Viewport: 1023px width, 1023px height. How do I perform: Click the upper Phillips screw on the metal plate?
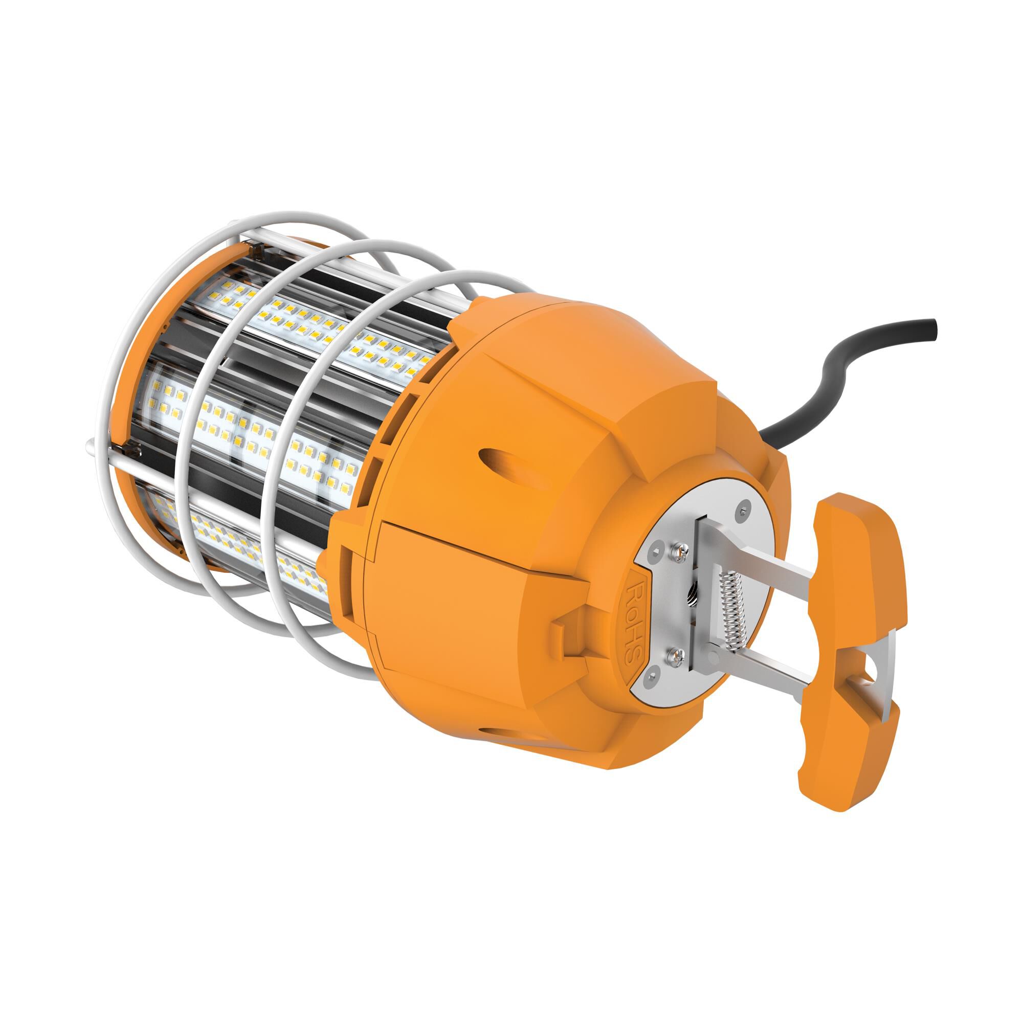[x=677, y=554]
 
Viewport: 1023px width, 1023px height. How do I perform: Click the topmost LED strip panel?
[x=318, y=328]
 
